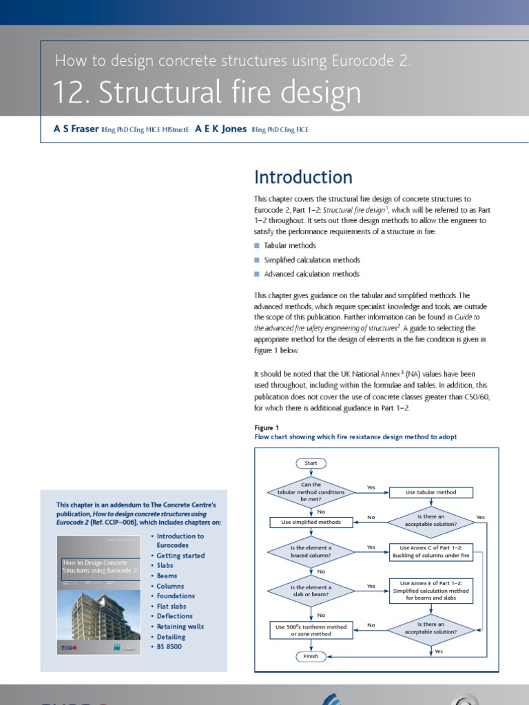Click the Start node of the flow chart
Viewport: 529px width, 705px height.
(x=311, y=463)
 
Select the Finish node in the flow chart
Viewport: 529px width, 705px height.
(x=311, y=656)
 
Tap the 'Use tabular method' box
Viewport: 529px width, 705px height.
(x=432, y=492)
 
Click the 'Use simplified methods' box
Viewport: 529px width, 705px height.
(x=311, y=522)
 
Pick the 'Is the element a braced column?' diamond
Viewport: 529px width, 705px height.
(x=311, y=551)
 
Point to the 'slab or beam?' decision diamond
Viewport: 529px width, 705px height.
(x=311, y=591)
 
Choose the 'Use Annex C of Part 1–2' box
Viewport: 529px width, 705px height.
(x=431, y=551)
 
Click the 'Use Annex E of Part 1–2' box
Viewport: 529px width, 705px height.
(x=431, y=590)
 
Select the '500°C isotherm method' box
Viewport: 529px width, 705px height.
(x=311, y=629)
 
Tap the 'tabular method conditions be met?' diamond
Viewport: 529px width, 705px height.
(x=311, y=492)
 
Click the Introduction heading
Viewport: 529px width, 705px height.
(x=303, y=177)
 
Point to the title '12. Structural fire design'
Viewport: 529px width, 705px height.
(x=207, y=93)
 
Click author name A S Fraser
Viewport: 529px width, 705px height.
(x=76, y=129)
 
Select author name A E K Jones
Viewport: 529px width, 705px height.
(x=220, y=129)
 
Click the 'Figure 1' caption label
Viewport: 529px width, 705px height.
(x=267, y=428)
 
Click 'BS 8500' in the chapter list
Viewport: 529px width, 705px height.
(x=169, y=646)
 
